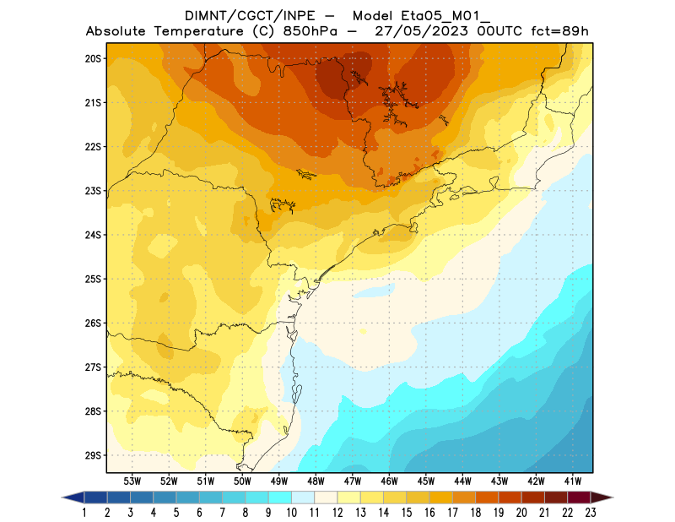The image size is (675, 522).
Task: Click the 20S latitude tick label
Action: click(93, 58)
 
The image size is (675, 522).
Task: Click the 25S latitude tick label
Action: click(93, 279)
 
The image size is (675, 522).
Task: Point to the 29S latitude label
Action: click(93, 455)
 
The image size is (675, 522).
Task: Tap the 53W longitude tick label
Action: click(132, 481)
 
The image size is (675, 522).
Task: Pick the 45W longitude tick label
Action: click(426, 481)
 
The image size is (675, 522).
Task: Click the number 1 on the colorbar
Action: click(85, 512)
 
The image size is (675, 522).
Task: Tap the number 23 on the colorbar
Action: click(590, 512)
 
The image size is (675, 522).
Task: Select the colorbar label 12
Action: click(337, 512)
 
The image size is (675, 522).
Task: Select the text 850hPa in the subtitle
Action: click(317, 31)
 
